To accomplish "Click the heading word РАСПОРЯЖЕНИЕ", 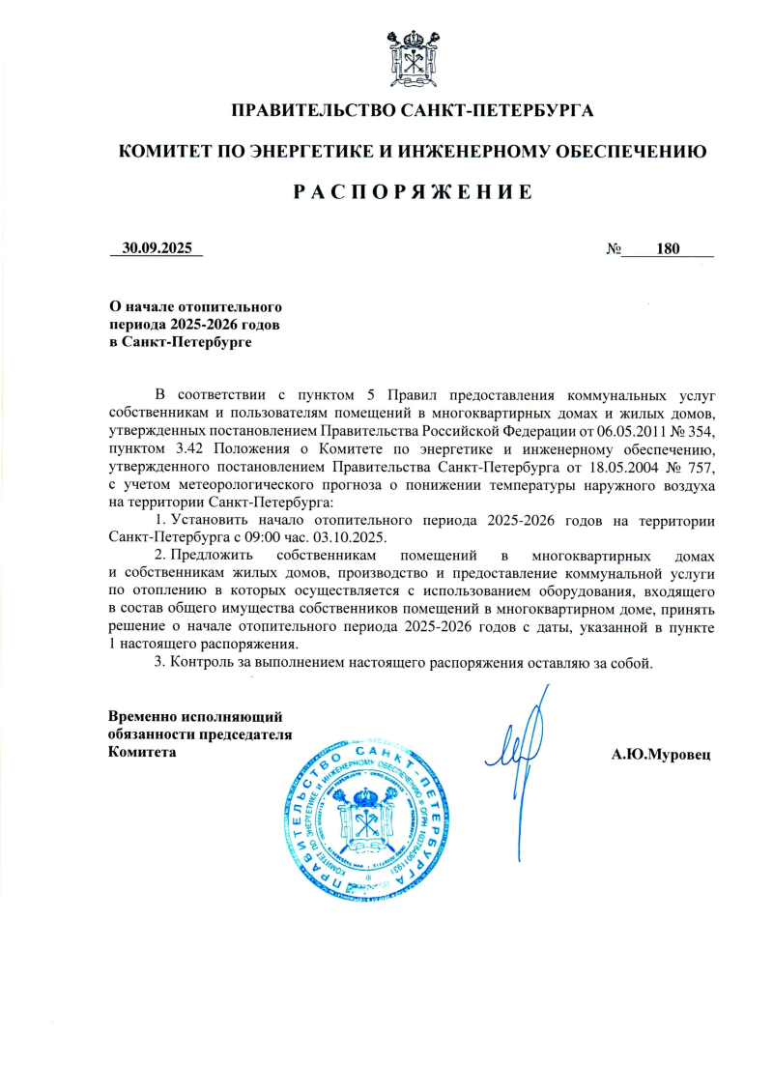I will [x=413, y=191].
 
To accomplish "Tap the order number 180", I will [x=668, y=248].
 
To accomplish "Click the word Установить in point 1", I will [x=213, y=522].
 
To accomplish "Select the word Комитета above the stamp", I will [x=142, y=752].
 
